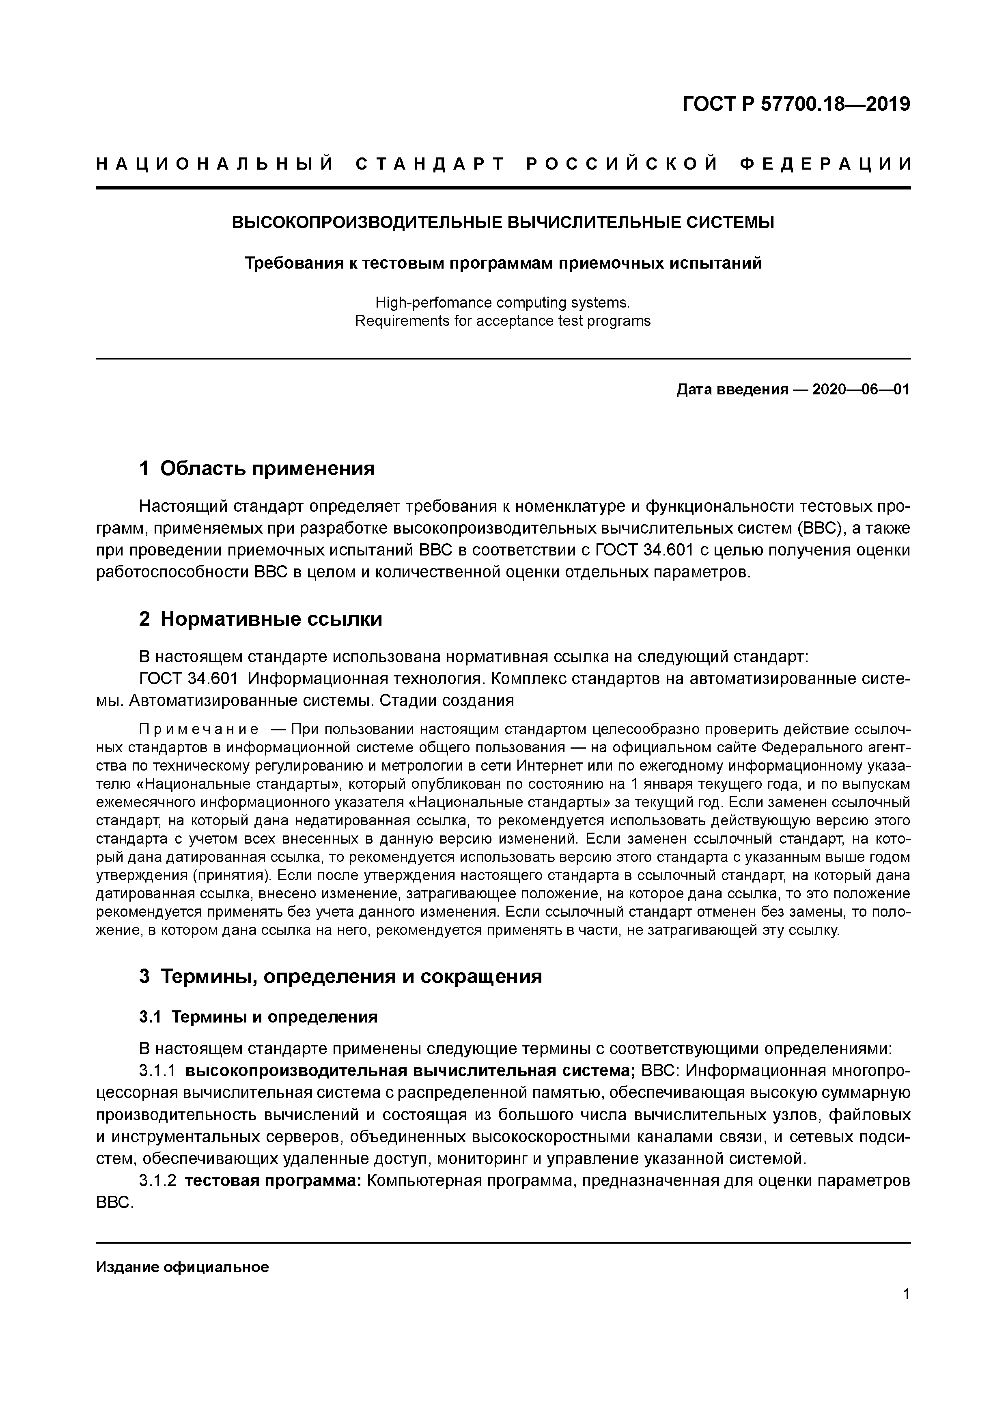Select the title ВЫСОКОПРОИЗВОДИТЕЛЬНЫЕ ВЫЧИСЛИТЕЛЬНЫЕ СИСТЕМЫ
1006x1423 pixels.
503,222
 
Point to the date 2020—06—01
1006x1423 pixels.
861,390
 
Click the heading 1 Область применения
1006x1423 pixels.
257,469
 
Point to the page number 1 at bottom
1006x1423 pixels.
906,1295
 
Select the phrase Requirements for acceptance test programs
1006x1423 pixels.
503,321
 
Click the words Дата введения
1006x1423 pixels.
732,390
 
